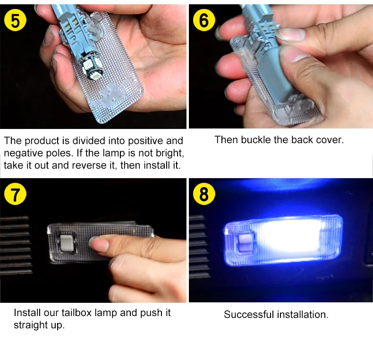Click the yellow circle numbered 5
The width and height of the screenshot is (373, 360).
[15, 20]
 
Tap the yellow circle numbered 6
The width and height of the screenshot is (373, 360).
[204, 20]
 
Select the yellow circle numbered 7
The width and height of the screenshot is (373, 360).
[15, 194]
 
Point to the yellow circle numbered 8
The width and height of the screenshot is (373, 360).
[204, 194]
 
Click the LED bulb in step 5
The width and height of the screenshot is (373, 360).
[91, 66]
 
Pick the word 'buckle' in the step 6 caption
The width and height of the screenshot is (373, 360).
[256, 140]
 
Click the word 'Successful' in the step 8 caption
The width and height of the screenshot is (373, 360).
[249, 315]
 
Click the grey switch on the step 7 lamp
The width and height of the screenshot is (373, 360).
[67, 243]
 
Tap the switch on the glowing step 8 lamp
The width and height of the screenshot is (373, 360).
[245, 243]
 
